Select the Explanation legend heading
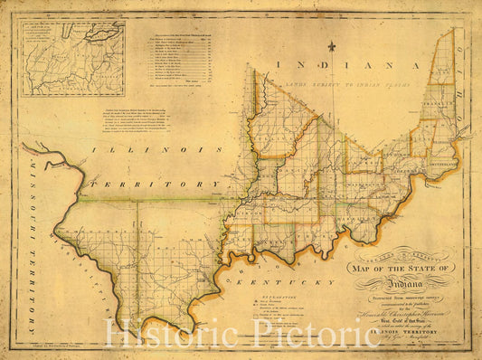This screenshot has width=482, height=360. point(254,295)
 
